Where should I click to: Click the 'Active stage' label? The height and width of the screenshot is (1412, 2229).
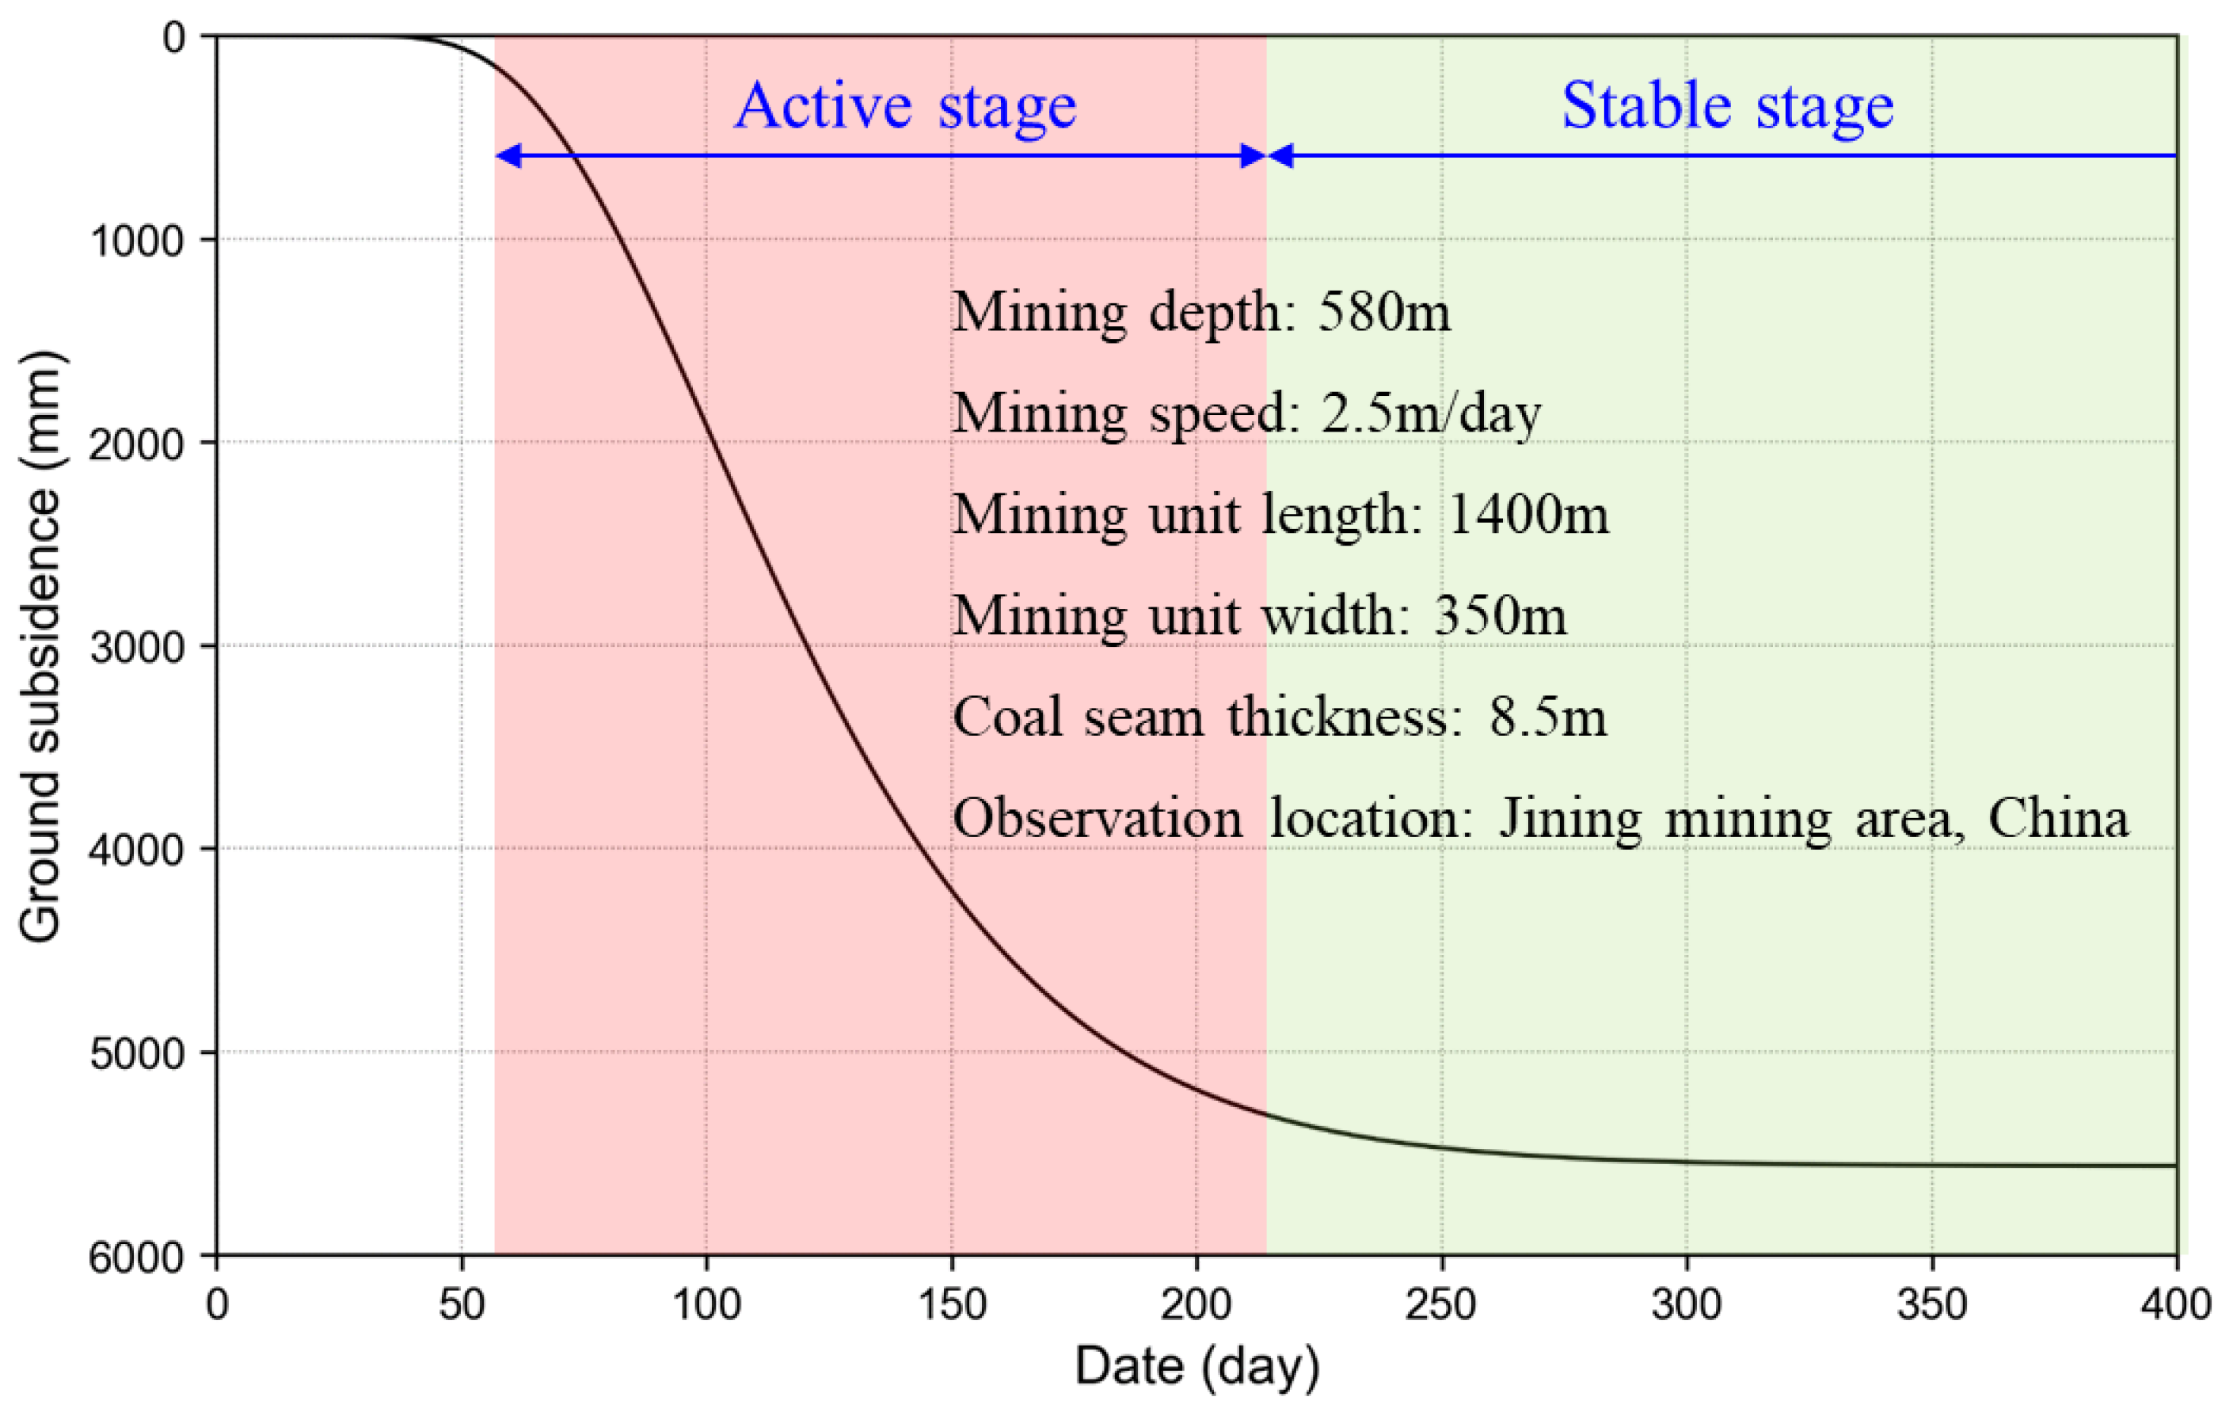click(x=904, y=105)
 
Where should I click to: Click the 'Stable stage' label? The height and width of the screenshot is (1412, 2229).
click(x=1727, y=105)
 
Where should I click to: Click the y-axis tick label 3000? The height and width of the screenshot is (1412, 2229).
click(x=137, y=646)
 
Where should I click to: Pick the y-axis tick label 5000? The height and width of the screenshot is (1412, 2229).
click(x=137, y=1052)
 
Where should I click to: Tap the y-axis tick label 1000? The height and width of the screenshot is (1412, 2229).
click(x=137, y=241)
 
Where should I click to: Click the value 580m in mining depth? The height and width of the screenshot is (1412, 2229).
click(x=1383, y=312)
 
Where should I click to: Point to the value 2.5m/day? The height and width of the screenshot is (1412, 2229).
click(x=1430, y=413)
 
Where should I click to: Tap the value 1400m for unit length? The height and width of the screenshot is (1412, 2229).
click(x=1527, y=514)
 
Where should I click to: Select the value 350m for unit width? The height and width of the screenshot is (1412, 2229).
click(x=1500, y=615)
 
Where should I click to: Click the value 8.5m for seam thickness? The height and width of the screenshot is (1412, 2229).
click(x=1546, y=717)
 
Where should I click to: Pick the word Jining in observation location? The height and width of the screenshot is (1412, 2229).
click(x=1570, y=819)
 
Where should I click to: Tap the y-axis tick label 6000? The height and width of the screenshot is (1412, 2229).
click(x=137, y=1257)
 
